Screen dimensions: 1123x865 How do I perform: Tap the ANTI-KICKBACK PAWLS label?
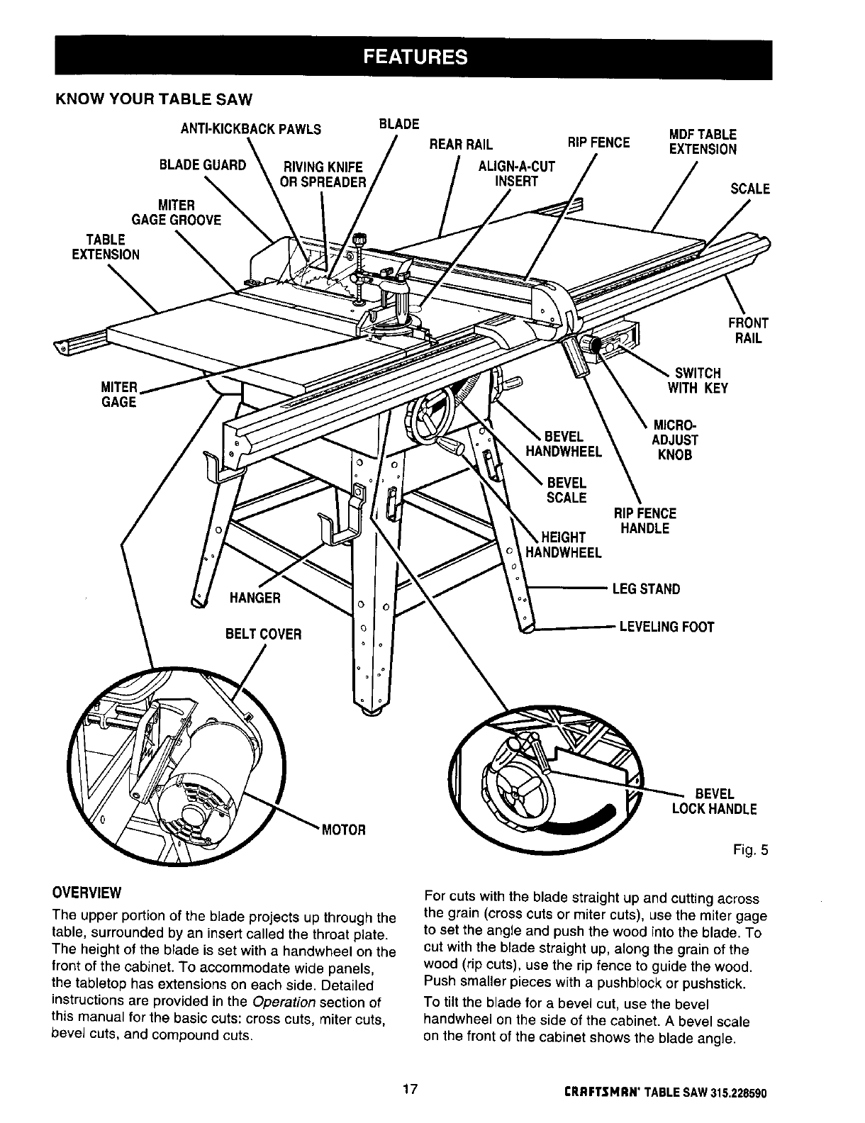pos(241,129)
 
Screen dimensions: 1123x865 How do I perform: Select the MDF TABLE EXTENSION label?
pos(703,142)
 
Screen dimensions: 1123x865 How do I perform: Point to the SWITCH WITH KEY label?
pos(697,381)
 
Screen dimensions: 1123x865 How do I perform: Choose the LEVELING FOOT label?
pos(666,627)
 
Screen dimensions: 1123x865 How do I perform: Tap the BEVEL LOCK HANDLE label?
pos(714,801)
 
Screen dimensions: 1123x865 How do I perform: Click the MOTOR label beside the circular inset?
pos(343,829)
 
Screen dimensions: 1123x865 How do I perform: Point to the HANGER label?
pos(255,598)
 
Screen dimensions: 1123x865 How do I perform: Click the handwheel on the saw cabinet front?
pos(428,418)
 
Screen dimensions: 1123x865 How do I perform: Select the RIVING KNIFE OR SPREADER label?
pos(323,174)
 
